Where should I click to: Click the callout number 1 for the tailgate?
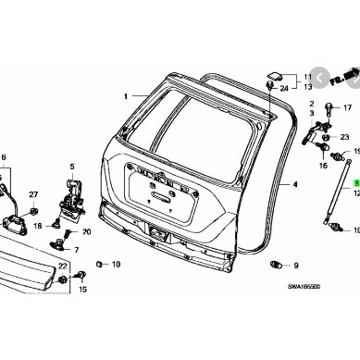click(x=122, y=96)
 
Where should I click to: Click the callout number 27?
click(x=32, y=192)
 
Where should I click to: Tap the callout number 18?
click(x=37, y=226)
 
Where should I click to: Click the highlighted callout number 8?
click(x=355, y=185)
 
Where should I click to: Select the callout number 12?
click(x=355, y=195)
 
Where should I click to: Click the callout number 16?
click(x=324, y=169)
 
